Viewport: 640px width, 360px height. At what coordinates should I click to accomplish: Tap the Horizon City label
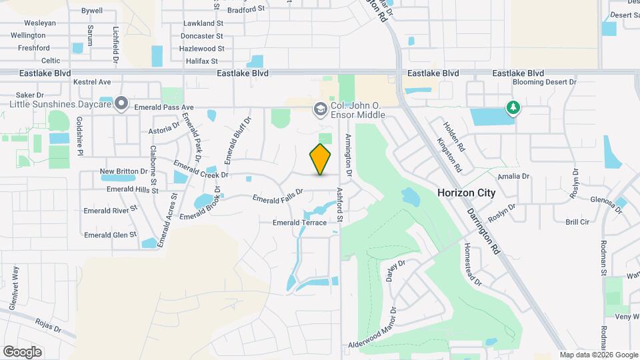point(467,193)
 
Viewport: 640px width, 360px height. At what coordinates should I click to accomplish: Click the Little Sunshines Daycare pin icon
point(121,103)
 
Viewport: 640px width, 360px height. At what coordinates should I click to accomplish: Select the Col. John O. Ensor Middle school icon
point(320,108)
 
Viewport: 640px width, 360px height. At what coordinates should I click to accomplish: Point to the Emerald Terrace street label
point(300,223)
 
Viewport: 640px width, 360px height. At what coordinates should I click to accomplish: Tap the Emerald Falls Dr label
point(278,195)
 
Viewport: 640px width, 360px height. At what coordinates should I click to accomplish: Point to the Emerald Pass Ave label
point(163,107)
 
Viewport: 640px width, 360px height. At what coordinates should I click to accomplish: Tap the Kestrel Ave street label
point(92,82)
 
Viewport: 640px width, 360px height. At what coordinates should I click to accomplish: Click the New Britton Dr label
point(123,171)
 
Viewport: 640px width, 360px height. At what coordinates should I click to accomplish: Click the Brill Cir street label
point(577,222)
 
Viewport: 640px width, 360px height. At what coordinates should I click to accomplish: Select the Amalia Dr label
point(516,176)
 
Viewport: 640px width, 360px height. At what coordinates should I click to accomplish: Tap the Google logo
point(22,352)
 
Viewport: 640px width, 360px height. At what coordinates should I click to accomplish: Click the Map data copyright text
point(598,355)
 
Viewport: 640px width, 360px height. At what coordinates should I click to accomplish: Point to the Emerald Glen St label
point(110,235)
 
